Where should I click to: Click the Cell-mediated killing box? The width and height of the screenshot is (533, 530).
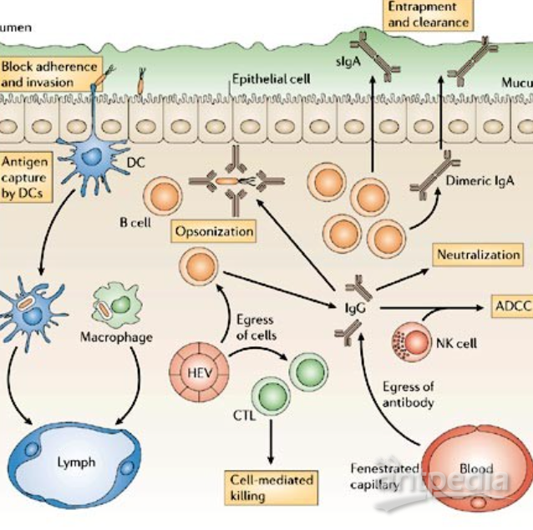(272, 487)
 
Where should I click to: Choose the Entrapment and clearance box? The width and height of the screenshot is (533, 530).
(427, 14)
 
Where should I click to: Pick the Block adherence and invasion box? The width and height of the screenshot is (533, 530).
(50, 73)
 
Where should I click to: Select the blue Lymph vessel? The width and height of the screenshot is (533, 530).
(75, 462)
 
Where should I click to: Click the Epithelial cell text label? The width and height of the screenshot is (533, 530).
(270, 79)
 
